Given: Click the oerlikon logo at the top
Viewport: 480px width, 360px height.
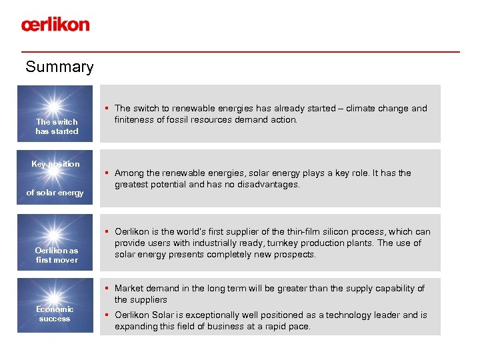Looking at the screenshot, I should (x=55, y=25).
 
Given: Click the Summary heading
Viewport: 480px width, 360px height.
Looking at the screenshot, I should (x=59, y=67).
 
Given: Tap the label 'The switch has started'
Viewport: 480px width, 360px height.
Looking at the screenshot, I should (x=57, y=127).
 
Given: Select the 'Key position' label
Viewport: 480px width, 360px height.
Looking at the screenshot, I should (x=55, y=164).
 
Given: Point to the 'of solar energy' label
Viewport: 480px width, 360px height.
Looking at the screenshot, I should (x=55, y=193).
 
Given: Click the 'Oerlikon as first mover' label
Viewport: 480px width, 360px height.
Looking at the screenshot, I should (x=57, y=255).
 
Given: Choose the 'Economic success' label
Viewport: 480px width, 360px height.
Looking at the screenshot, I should (x=55, y=314).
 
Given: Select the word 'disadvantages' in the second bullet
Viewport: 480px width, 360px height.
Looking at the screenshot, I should (x=267, y=185).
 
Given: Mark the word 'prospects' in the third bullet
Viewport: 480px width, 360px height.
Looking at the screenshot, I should (x=292, y=255).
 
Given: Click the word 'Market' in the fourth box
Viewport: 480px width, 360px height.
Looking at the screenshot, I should (x=129, y=289).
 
